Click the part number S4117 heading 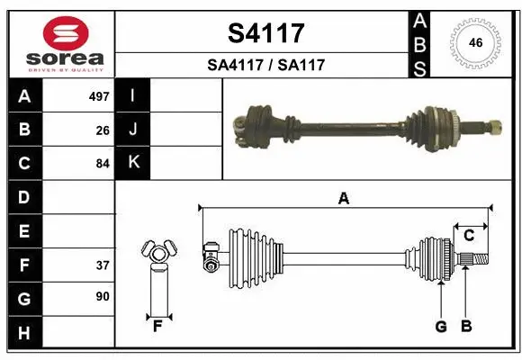265,33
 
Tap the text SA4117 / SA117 265,65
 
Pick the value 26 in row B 103,130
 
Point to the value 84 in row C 103,164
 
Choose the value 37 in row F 103,265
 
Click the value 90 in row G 103,296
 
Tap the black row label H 24,334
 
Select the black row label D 24,197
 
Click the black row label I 133,95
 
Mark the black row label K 133,163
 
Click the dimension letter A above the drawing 343,199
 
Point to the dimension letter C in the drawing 468,235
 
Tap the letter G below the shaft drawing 441,327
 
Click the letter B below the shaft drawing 466,327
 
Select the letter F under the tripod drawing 157,326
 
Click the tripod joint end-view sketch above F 157,253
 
